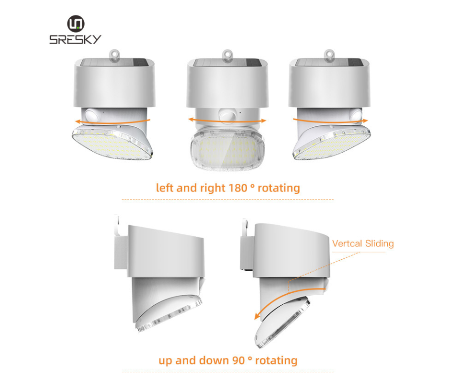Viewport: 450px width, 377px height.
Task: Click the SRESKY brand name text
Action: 75,40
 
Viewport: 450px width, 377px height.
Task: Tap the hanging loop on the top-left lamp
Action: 114,55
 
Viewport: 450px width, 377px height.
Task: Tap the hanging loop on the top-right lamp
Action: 329,55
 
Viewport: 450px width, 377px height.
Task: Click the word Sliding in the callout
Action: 379,244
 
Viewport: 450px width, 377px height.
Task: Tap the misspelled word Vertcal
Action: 348,244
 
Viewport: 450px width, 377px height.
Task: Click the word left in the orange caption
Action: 165,188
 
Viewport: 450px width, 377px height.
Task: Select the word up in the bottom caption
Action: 166,360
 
